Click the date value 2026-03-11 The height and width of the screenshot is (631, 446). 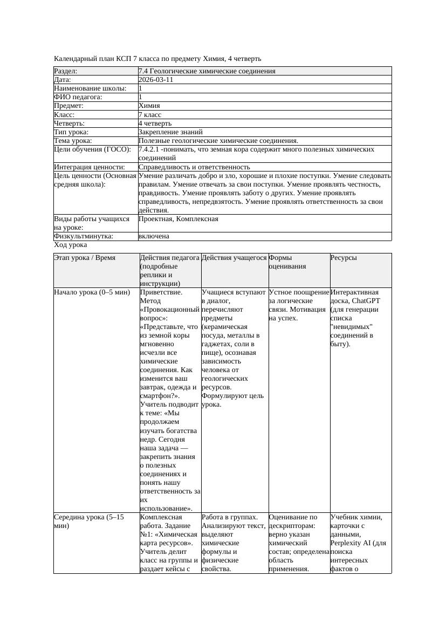[156, 80]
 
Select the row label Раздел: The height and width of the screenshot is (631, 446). [66, 71]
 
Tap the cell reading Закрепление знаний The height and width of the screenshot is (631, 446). [170, 132]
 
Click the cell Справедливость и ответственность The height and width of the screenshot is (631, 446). [194, 167]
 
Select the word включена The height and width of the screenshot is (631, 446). [154, 236]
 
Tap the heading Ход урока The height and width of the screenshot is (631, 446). [71, 245]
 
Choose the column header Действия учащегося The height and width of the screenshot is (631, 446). [235, 258]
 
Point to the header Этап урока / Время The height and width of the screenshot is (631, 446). [85, 258]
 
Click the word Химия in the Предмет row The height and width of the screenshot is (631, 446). [149, 106]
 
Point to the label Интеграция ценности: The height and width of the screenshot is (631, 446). [90, 167]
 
